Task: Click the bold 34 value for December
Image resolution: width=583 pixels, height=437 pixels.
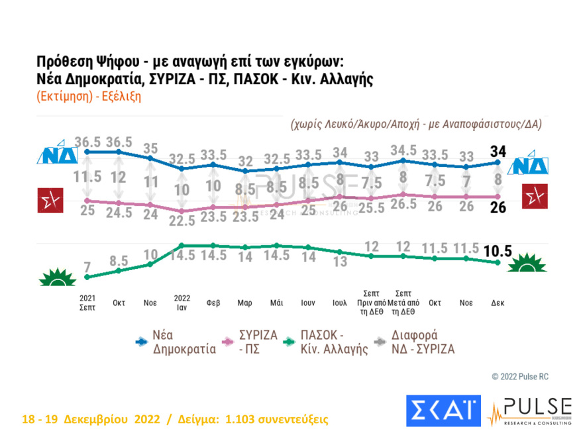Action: point(498,151)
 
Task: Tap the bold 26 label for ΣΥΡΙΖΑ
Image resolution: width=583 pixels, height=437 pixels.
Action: point(498,208)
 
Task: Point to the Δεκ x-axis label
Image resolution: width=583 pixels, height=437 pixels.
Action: point(498,303)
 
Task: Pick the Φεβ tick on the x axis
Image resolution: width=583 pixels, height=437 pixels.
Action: point(213,303)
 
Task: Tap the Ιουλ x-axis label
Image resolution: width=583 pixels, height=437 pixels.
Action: point(339,303)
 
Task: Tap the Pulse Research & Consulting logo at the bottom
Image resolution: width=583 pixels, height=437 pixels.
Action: point(530,411)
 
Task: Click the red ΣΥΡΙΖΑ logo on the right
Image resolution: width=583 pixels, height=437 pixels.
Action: point(533,197)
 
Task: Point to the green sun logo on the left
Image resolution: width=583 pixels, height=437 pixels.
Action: point(58,277)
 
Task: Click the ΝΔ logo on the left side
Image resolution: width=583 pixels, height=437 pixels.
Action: point(60,154)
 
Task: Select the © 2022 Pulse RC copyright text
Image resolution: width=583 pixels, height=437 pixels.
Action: point(519,377)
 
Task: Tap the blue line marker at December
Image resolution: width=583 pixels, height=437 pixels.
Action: point(498,163)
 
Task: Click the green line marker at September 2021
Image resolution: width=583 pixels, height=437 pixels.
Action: point(87,277)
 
